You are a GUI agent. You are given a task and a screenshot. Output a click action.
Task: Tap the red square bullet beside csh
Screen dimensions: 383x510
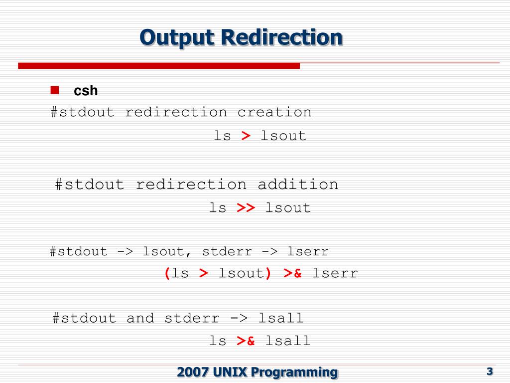[x=55, y=90]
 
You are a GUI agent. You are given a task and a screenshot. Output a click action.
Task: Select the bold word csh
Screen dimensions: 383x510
[x=86, y=91]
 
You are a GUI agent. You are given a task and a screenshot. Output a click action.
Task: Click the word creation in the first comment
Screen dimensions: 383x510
[x=274, y=112]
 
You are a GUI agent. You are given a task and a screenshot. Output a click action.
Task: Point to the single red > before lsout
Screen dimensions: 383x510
[x=246, y=136]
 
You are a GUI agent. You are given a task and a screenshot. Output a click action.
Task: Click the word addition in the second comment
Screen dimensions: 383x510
[x=298, y=185]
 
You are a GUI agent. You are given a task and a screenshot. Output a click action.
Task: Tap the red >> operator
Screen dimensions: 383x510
[x=246, y=208]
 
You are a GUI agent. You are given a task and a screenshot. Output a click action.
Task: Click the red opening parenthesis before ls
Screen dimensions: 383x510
[x=167, y=273]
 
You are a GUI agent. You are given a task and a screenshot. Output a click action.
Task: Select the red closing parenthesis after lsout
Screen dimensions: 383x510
[x=268, y=273]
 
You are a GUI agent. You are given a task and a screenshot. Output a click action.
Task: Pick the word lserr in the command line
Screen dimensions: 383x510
[x=335, y=273]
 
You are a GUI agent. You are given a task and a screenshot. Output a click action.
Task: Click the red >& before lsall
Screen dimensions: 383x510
[x=246, y=341]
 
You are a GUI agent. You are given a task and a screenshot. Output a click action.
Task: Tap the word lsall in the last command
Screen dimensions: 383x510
[x=288, y=341]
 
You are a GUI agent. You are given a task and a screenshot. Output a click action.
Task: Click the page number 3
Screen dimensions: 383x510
[x=490, y=371]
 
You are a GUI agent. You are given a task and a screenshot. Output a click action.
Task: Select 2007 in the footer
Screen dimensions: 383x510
[x=193, y=372]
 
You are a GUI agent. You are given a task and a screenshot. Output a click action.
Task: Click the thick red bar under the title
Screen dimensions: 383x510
[x=159, y=66]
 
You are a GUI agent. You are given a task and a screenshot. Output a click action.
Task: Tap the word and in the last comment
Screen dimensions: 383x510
[x=140, y=318]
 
